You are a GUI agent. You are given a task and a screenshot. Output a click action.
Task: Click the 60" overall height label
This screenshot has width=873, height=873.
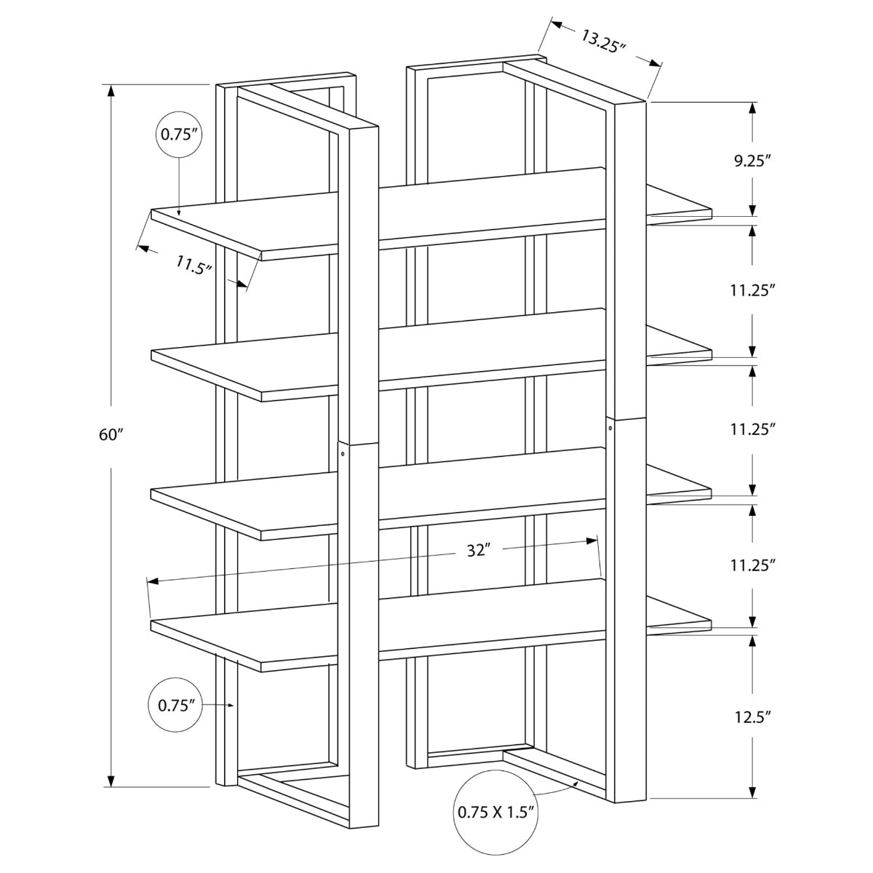[x=111, y=435]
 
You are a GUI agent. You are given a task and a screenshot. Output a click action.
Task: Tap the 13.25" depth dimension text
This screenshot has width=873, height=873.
[x=603, y=41]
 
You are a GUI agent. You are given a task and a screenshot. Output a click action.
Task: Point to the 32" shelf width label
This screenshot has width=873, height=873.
[x=476, y=551]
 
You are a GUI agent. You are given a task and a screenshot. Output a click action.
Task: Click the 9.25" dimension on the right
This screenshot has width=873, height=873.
[x=752, y=161]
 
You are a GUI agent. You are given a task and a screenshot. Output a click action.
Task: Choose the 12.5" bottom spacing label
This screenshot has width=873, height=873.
[x=752, y=717]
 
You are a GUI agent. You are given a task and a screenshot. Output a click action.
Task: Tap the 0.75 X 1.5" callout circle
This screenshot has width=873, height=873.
[x=497, y=811]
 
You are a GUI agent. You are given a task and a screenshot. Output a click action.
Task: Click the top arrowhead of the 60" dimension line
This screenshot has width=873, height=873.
[x=111, y=91]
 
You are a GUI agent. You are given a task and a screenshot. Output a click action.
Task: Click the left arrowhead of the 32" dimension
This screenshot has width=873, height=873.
[x=154, y=581]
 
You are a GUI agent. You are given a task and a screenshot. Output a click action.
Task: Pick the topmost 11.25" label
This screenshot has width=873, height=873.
[x=752, y=290]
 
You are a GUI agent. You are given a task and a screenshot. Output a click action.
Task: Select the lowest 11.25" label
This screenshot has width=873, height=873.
[x=752, y=564]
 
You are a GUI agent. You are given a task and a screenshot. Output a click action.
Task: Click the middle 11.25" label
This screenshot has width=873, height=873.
[x=752, y=429]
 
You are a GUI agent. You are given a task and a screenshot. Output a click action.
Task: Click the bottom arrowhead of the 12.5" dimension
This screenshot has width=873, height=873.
[x=752, y=793]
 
